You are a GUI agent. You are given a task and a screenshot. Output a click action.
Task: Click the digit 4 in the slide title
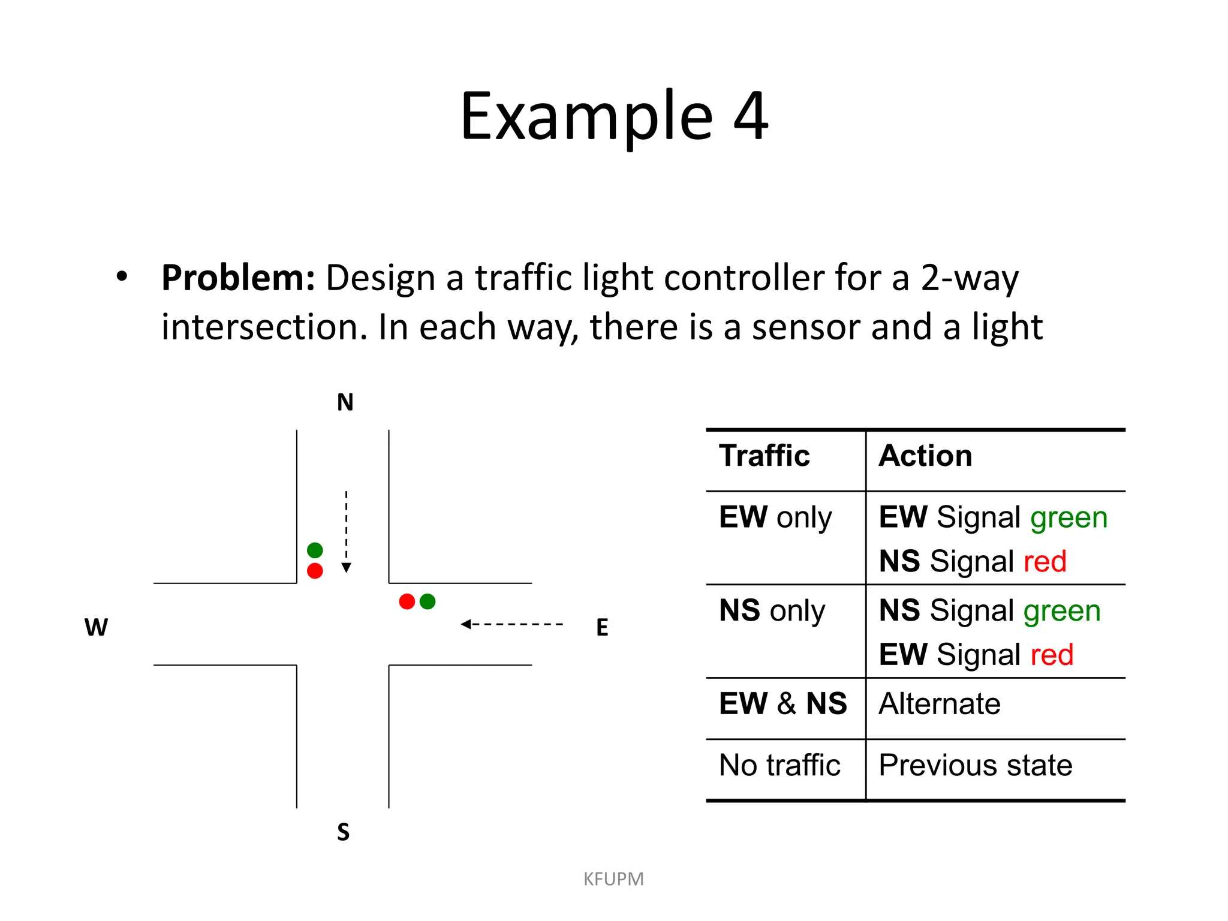pos(750,116)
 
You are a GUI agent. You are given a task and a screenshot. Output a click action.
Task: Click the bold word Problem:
pos(238,278)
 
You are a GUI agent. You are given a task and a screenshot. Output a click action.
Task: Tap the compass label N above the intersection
pos(345,402)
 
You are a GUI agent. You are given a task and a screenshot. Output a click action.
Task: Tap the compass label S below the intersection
pos(343,832)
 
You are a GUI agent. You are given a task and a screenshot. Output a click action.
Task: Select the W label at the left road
pos(96,628)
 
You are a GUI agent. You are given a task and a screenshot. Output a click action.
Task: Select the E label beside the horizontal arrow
pos(602,628)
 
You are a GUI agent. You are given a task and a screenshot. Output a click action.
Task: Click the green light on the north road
pos(315,550)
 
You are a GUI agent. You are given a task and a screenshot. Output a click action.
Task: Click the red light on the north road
pos(315,571)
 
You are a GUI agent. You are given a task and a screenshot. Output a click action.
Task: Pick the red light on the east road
pos(407,601)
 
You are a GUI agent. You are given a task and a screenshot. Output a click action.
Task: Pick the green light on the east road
pos(428,601)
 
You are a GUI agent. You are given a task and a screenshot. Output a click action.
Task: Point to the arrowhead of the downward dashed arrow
pos(346,567)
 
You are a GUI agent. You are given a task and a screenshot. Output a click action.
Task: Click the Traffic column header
pos(764,456)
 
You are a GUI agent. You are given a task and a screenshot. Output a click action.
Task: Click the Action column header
pos(925,456)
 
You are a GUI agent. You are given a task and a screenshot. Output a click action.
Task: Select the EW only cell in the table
pos(775,517)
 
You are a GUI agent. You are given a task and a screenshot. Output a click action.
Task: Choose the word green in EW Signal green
pos(1069,517)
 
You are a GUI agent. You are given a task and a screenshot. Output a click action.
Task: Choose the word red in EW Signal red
pos(1052,655)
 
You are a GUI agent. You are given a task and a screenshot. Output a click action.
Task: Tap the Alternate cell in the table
pos(939,704)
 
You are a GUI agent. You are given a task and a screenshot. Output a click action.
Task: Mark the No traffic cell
pos(779,766)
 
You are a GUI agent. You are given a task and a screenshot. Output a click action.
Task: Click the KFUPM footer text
pos(613,879)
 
